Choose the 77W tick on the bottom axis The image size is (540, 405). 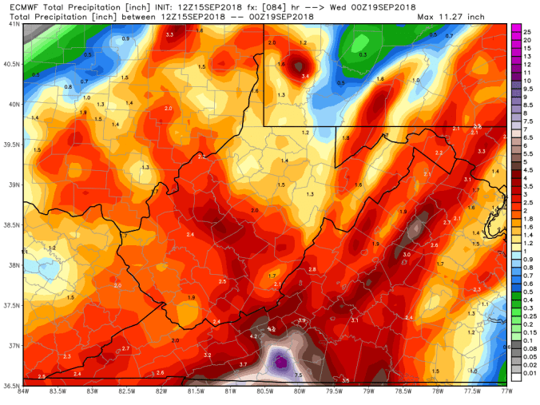click(x=506, y=391)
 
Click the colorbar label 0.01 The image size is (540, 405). click(x=528, y=372)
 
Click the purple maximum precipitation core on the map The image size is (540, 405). click(x=280, y=363)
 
